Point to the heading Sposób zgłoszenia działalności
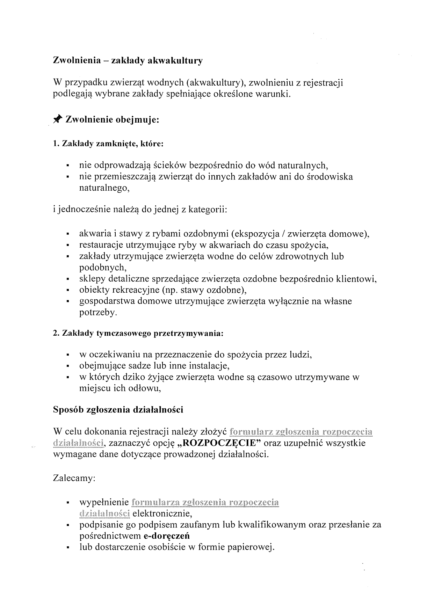point(118,410)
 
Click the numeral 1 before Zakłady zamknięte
point(55,144)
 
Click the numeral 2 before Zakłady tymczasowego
point(55,333)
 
